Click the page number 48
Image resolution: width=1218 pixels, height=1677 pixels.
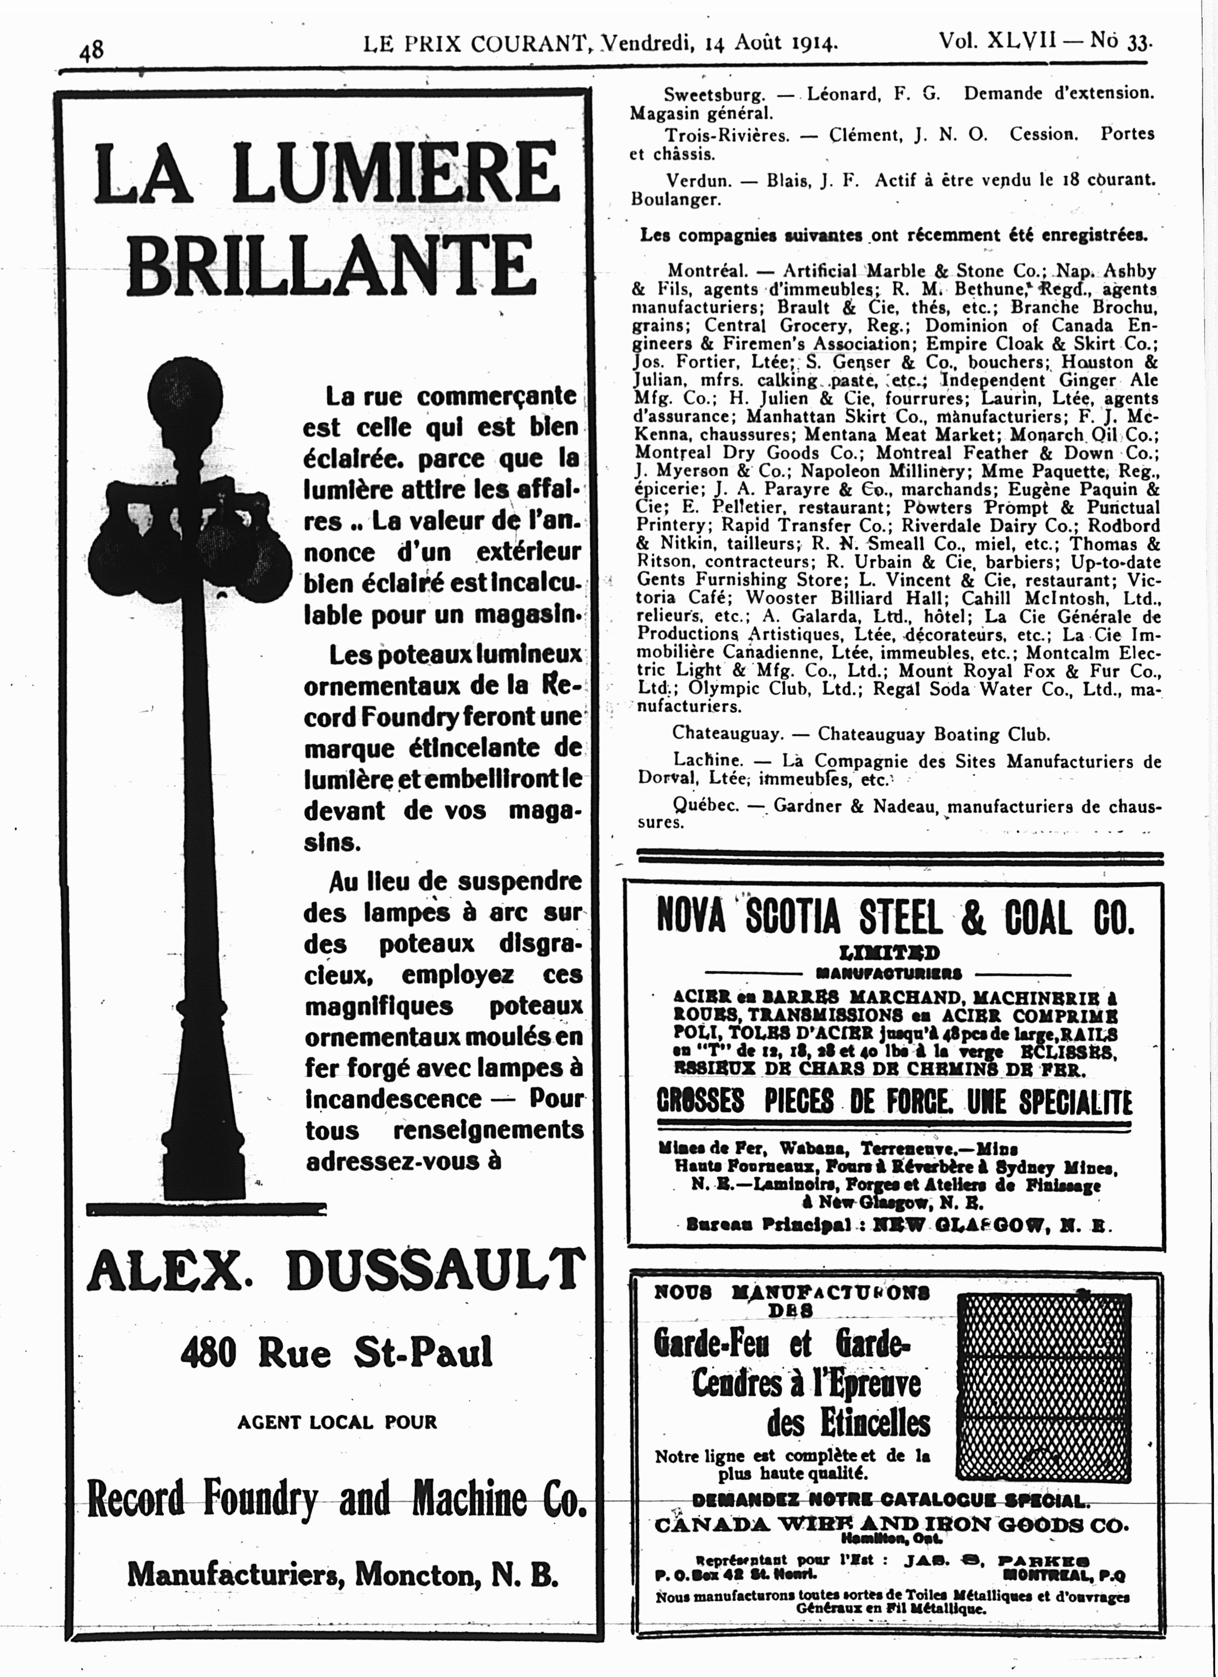click(92, 50)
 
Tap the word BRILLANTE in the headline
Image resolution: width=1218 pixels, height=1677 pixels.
click(331, 265)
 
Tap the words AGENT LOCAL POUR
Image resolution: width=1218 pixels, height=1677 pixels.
click(337, 1422)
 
